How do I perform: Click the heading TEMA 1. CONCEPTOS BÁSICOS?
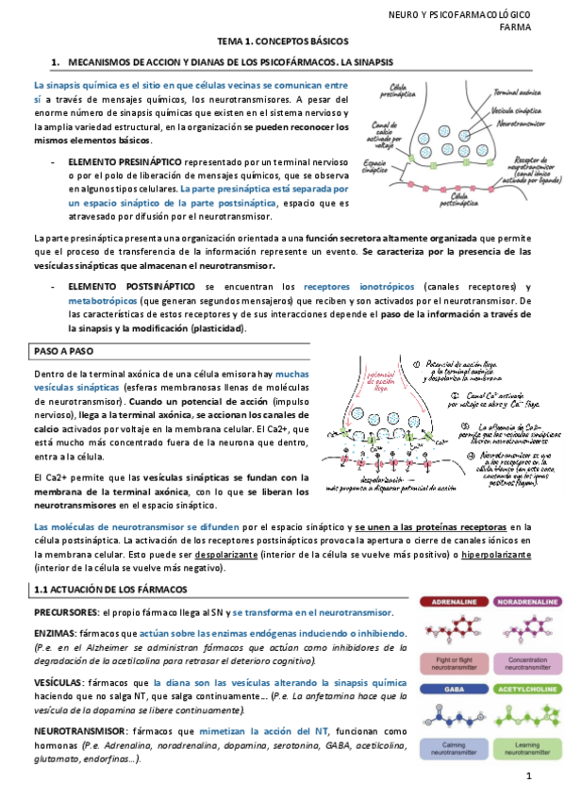[x=283, y=42]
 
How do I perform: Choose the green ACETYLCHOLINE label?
[x=521, y=690]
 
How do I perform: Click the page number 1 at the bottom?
[x=529, y=776]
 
